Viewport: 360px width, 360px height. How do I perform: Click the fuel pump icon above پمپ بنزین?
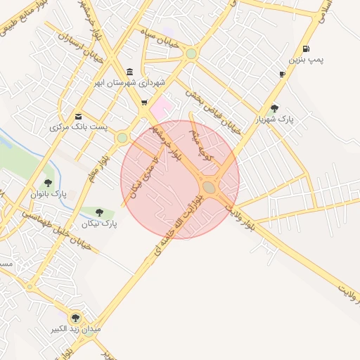[x=305, y=49]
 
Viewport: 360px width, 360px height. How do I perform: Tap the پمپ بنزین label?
[x=310, y=60]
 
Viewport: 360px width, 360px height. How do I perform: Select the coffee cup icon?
[x=282, y=74]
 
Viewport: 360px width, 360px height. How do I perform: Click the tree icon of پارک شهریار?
[x=274, y=108]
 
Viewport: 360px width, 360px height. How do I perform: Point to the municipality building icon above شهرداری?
[x=129, y=72]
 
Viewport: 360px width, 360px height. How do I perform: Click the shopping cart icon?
[x=144, y=103]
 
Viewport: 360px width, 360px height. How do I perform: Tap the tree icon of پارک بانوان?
[x=48, y=182]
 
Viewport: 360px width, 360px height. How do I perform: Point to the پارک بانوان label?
[x=49, y=193]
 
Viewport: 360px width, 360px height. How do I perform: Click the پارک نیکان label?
[x=99, y=224]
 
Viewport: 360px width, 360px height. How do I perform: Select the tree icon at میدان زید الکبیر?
[x=75, y=317]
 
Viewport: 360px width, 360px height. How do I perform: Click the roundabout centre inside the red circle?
[x=209, y=188]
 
